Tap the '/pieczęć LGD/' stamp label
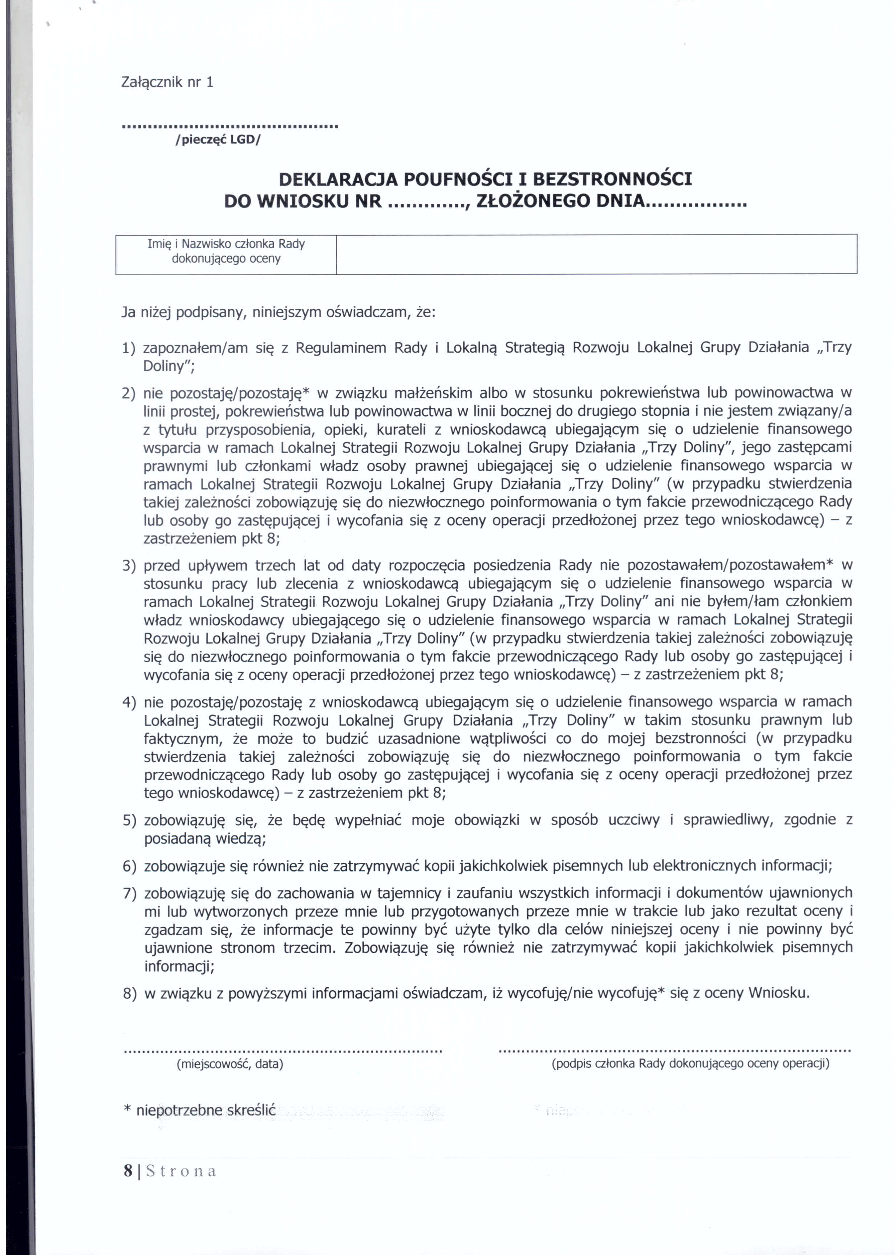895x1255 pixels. pos(217,139)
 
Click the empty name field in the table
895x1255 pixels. pos(596,254)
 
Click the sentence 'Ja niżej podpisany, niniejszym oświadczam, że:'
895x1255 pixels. pos(278,313)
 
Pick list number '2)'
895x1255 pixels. pos(129,393)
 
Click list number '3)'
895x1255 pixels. pos(129,566)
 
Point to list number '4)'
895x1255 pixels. pos(129,702)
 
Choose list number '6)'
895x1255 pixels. pos(129,866)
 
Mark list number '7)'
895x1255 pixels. pos(129,893)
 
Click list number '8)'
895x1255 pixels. pos(129,993)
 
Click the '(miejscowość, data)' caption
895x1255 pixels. pos(230,1064)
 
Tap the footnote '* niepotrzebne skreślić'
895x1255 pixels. pos(199,1109)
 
